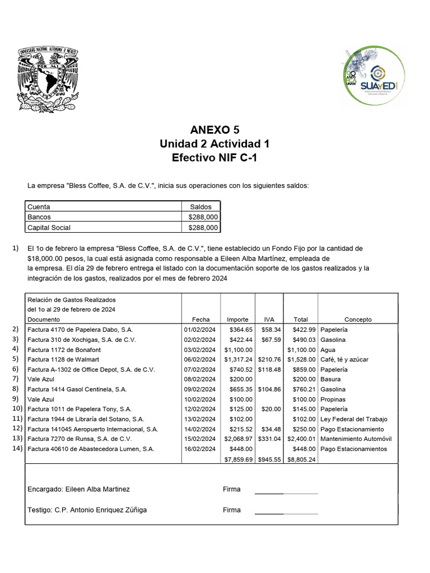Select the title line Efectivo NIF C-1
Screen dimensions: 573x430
[214, 158]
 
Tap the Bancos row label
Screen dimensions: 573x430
[39, 217]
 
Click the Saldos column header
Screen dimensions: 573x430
[201, 207]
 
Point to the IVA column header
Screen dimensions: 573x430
[269, 320]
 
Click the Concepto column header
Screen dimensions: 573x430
[358, 320]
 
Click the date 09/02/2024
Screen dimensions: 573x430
[200, 389]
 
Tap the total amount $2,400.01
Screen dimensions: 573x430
[301, 439]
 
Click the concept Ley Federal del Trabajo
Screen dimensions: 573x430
[354, 419]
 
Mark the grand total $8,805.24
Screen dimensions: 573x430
[301, 459]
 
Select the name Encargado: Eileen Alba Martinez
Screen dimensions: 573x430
[78, 489]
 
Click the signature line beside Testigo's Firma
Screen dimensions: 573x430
[286, 513]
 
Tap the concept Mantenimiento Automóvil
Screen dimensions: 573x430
[356, 439]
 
